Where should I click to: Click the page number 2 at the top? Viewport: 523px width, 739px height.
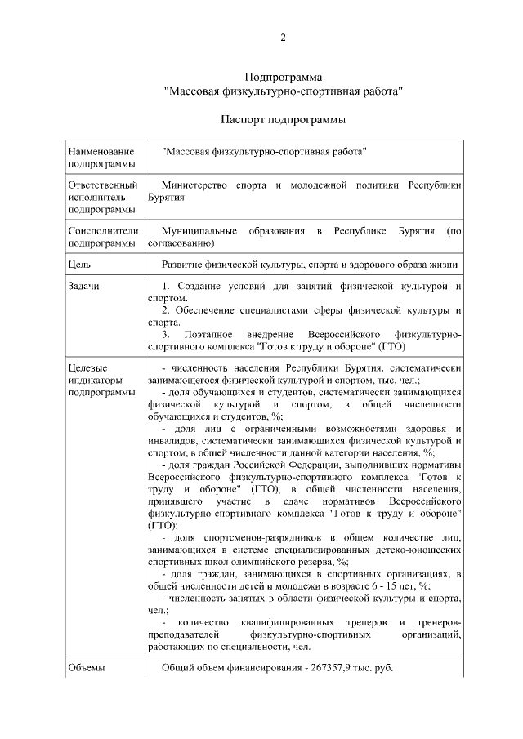pos(283,37)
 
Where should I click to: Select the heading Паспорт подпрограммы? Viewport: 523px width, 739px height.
pos(283,119)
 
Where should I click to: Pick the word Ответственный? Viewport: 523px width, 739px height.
pos(102,185)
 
